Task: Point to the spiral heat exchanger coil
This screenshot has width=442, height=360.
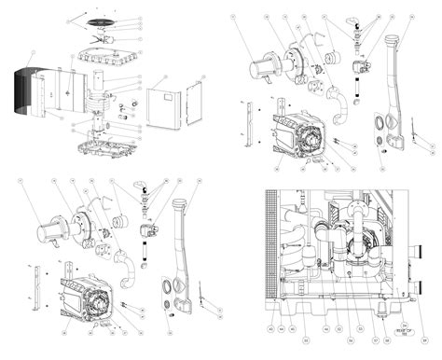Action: (97, 104)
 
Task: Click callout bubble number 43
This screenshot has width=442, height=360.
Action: (270, 328)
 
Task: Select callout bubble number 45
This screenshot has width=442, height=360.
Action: (292, 328)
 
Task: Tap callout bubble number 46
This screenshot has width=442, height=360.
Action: (325, 328)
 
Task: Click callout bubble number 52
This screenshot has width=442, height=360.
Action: (338, 328)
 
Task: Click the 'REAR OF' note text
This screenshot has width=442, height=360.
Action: (404, 333)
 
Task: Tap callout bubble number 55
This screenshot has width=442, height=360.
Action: (360, 328)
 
